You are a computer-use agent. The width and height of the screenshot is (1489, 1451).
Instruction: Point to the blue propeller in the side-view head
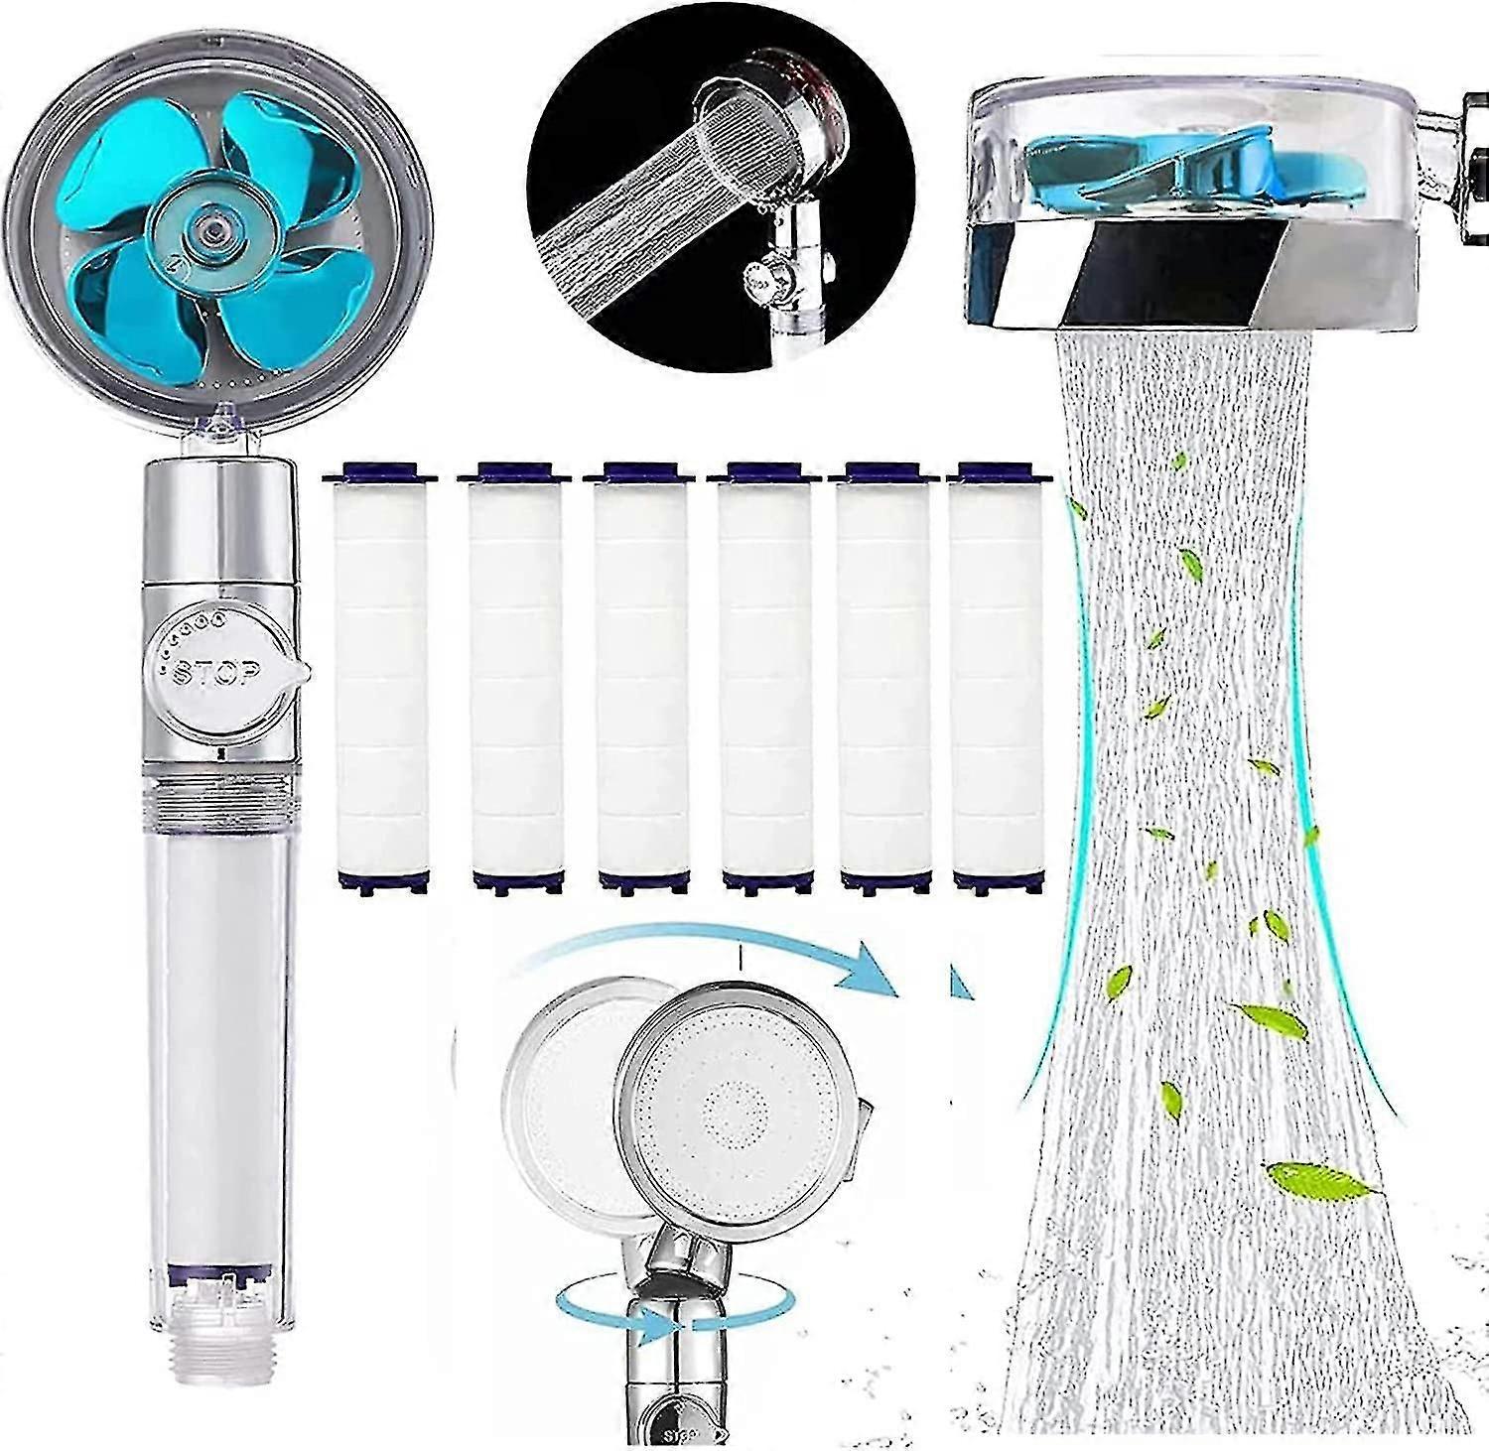tap(1142, 159)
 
